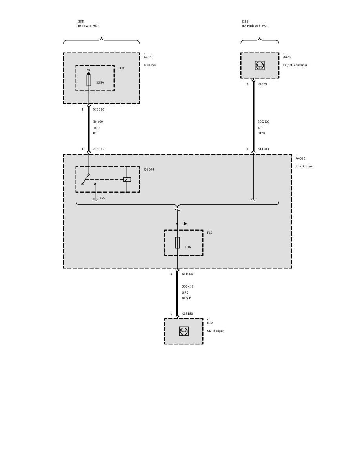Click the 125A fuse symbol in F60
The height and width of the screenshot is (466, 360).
(x=89, y=80)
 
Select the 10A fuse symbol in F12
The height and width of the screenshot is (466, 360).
(x=178, y=242)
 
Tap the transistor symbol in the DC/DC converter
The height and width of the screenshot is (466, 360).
(x=260, y=66)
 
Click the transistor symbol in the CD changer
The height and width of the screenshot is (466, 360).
(x=184, y=331)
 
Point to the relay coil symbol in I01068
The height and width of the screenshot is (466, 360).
(x=127, y=179)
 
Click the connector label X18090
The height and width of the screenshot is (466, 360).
(x=98, y=109)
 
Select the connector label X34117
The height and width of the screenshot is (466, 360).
(x=98, y=149)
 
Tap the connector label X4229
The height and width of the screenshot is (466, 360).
(x=262, y=84)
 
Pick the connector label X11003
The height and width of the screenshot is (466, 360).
(x=263, y=149)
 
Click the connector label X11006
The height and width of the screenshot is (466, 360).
(x=187, y=274)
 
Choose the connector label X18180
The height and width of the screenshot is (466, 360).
(x=187, y=313)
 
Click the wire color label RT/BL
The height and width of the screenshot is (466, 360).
(x=262, y=133)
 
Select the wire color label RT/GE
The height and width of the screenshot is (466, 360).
(x=186, y=298)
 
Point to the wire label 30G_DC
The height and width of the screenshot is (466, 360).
(x=264, y=122)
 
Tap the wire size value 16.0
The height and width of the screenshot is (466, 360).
(x=96, y=128)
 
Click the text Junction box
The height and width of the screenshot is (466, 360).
(x=305, y=166)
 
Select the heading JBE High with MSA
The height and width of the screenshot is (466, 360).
(x=255, y=26)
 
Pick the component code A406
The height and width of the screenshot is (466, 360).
(x=148, y=57)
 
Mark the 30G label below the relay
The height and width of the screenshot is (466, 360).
(x=102, y=198)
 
